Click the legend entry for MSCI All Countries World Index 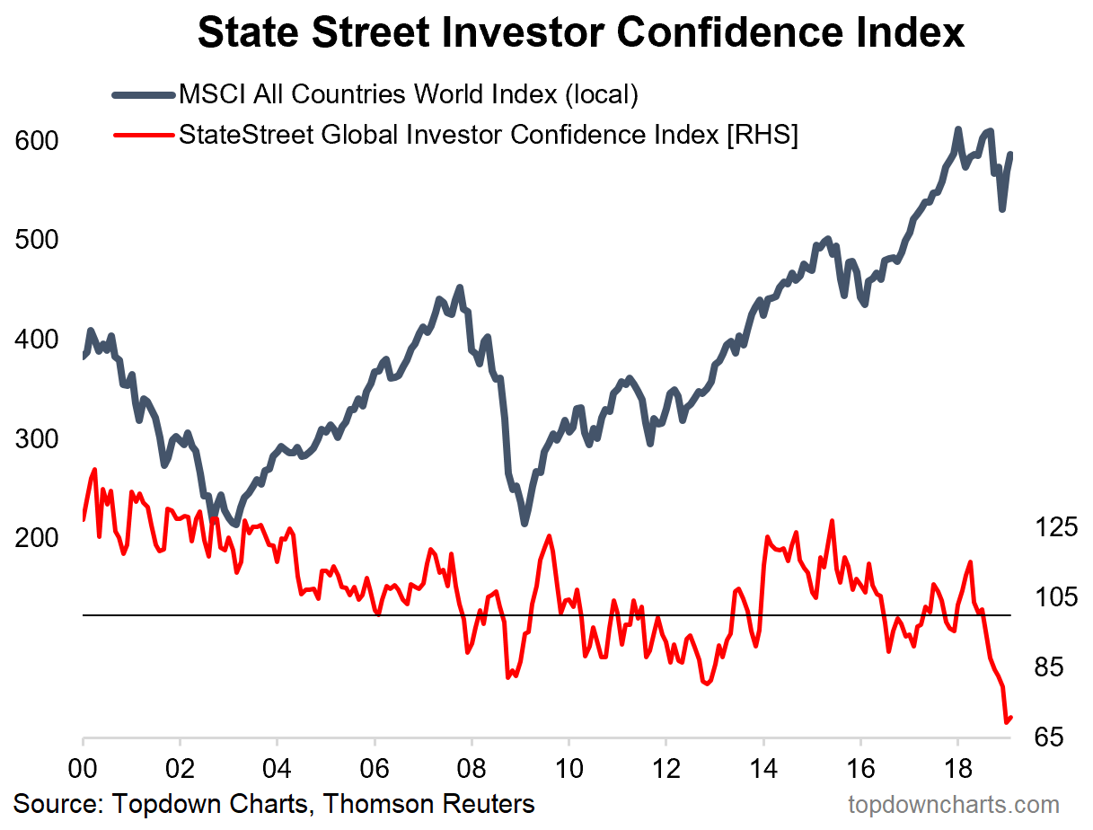click(409, 93)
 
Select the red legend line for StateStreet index click(144, 135)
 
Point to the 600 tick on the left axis click(37, 141)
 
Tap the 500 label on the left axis click(37, 241)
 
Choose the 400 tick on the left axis click(37, 340)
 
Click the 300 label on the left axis click(37, 439)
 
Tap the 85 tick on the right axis click(1051, 667)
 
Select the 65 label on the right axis click(1051, 737)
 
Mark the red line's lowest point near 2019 click(1006, 721)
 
